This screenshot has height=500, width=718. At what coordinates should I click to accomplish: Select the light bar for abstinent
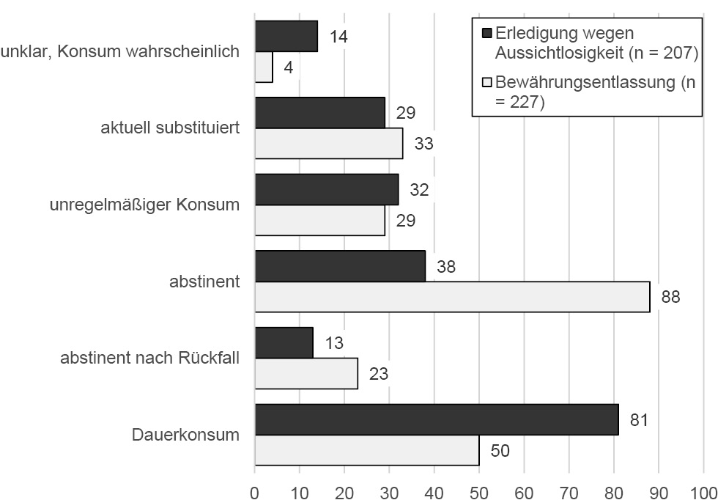coord(452,297)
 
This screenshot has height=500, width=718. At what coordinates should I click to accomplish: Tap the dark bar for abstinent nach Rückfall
coord(284,342)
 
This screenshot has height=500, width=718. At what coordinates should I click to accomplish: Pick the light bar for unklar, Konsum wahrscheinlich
coord(264,67)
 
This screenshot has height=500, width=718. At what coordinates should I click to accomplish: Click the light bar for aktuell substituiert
coord(329,143)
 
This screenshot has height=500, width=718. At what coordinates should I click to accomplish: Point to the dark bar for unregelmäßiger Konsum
coord(327,189)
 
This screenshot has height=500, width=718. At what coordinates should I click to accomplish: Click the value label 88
coord(670,297)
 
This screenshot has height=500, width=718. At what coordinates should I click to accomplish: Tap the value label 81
coord(639,419)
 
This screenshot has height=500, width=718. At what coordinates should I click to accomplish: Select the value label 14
coord(338,36)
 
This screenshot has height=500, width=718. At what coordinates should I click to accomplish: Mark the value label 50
coord(500,449)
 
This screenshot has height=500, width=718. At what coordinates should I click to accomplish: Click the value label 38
coord(445,266)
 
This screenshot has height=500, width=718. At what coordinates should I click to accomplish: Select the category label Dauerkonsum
coord(185,434)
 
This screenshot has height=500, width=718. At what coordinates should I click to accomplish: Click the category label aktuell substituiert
coord(170,128)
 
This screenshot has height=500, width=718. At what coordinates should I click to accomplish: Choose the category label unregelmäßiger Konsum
coord(144,204)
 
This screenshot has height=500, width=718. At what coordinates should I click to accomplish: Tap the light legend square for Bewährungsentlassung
coord(486,82)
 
